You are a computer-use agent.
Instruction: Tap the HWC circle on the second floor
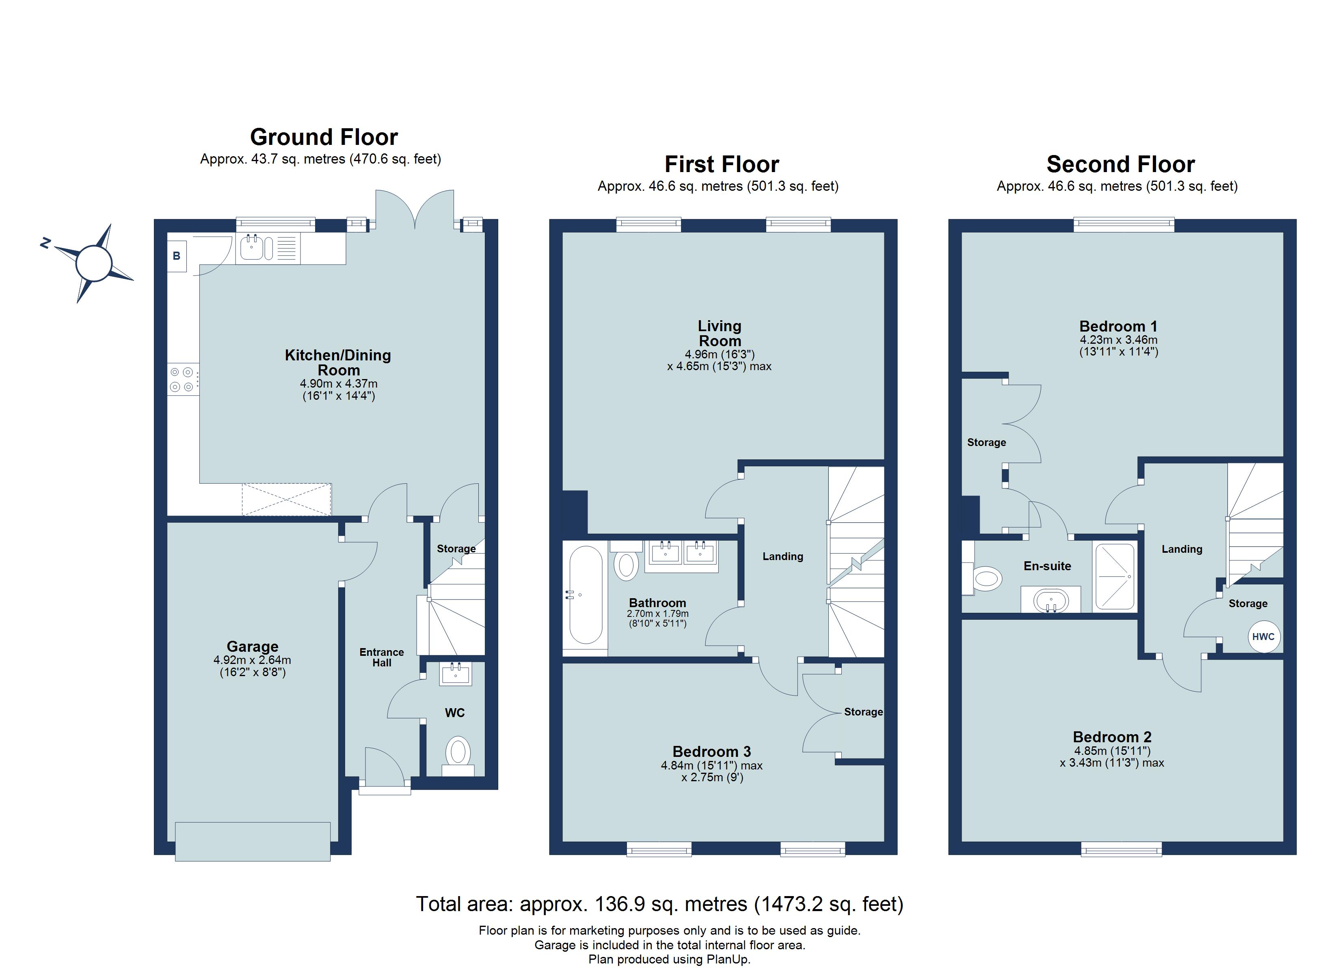point(1263,637)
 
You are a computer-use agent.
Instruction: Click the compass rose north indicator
point(45,243)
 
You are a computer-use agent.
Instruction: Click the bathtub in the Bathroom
point(585,594)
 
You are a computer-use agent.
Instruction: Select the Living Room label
point(719,333)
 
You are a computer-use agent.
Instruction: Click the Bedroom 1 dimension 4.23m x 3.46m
point(1118,340)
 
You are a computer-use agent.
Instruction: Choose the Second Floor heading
point(1120,164)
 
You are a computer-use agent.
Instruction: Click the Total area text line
point(659,904)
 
